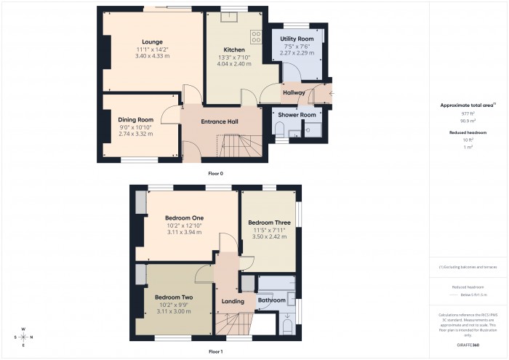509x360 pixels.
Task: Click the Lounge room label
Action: click(152, 41)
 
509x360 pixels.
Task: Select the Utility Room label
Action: click(297, 38)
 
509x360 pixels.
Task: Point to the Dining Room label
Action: click(136, 120)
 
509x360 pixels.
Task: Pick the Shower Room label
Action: click(297, 115)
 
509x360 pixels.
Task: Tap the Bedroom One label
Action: click(183, 218)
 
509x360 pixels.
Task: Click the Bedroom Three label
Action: click(269, 223)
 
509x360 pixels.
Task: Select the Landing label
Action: click(232, 302)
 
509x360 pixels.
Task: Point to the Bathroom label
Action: click(272, 300)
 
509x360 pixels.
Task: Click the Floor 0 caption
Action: click(215, 174)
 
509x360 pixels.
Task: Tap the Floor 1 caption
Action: click(215, 352)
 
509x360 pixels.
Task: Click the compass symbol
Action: click(23, 337)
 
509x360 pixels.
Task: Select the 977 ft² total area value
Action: click(468, 114)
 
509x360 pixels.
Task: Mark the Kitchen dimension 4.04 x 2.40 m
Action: click(233, 64)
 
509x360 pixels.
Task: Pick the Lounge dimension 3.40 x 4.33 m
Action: click(152, 56)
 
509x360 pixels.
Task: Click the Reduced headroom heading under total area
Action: click(468, 133)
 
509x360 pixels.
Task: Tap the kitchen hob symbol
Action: click(255, 35)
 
